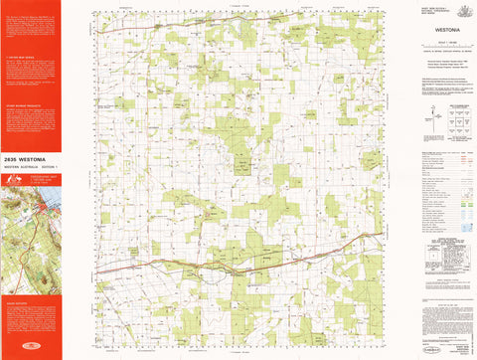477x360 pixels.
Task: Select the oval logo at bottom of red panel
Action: [30, 347]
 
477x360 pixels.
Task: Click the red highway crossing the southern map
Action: [238, 265]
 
